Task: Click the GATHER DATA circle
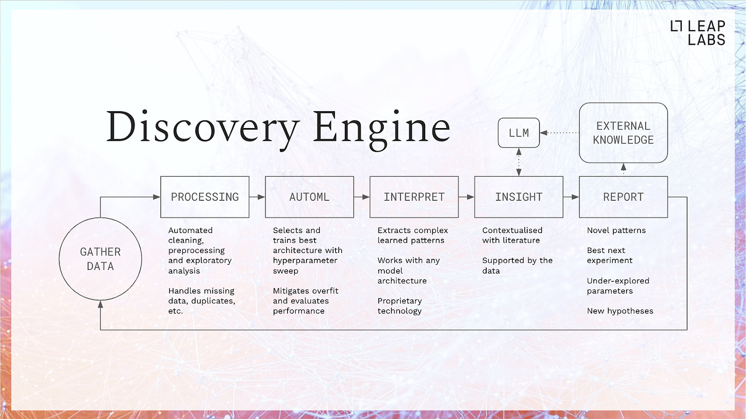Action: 100,259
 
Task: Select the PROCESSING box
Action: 204,197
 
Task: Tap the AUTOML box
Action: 309,197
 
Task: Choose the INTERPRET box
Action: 414,197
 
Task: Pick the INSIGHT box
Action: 519,197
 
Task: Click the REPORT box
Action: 623,197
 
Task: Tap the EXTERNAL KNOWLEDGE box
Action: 623,133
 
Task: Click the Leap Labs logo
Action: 697,33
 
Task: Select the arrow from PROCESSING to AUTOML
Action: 257,197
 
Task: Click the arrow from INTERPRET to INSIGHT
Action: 466,197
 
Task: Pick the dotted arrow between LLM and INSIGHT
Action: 519,162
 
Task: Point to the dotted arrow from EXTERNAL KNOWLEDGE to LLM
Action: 559,133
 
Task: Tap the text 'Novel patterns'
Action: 616,231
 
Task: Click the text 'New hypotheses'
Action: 620,311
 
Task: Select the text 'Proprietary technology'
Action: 400,306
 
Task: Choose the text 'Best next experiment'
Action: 610,256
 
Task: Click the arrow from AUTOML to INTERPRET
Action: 362,197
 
